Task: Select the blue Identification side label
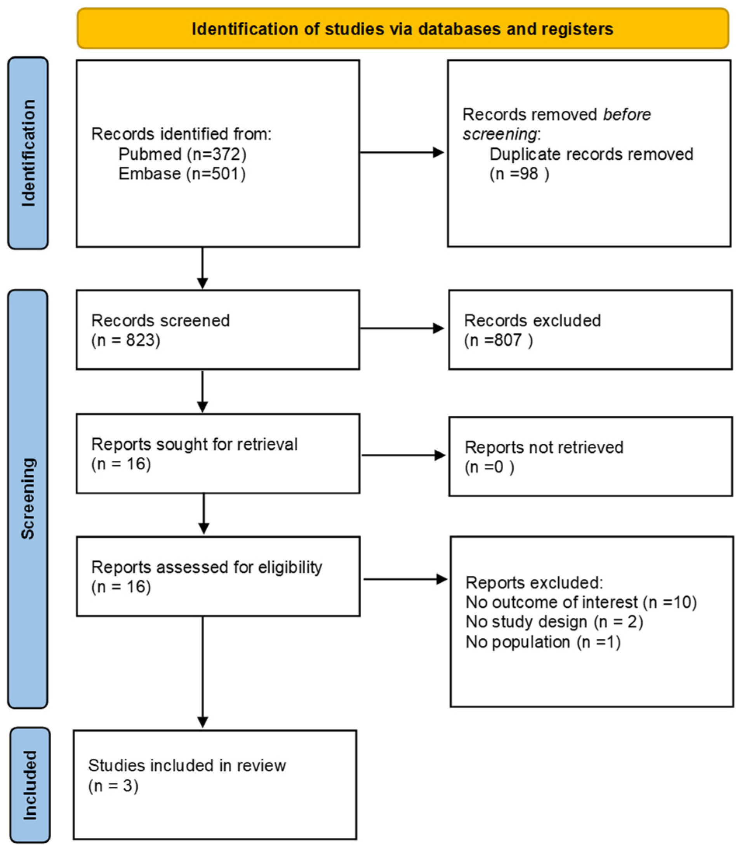28,153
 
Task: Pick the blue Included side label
30,785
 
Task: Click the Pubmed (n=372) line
182,154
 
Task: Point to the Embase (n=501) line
182,174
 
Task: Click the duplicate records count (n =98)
519,174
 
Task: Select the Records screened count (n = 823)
125,340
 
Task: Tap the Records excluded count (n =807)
498,340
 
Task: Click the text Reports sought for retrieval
194,444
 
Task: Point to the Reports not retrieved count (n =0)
489,467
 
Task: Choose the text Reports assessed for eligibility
206,567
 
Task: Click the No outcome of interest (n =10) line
581,602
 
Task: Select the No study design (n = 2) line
554,622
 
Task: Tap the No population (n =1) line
543,642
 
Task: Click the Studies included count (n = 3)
113,786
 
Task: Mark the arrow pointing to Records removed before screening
401,152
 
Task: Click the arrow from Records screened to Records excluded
401,328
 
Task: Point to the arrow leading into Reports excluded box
405,579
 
